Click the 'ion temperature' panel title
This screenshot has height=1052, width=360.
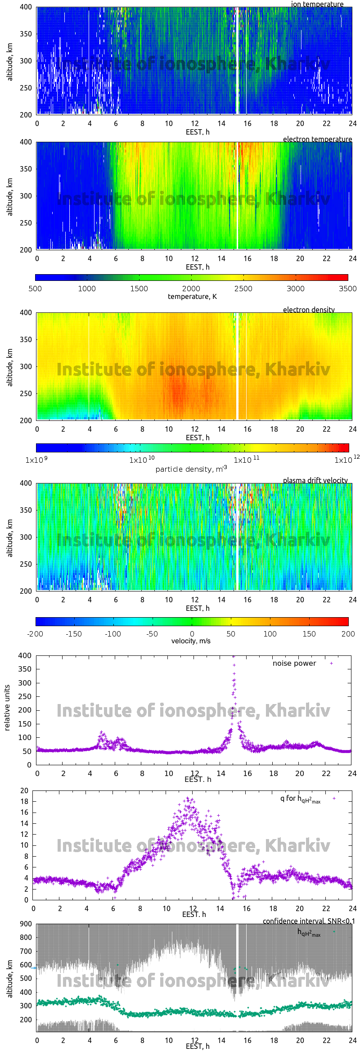tap(317, 4)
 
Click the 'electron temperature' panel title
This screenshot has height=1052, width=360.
tap(317, 139)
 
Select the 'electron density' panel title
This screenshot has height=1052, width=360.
tap(309, 310)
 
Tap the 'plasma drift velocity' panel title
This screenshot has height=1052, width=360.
tap(315, 480)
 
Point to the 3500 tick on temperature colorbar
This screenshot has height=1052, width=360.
tap(348, 289)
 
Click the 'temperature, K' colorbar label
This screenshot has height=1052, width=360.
tap(192, 296)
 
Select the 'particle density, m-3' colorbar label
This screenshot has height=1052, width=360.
tap(191, 469)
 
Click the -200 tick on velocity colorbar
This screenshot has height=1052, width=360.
tap(35, 634)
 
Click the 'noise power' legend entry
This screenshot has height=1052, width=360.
tap(294, 663)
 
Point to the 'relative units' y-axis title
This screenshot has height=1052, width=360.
tap(7, 708)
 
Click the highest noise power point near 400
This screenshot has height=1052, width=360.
tap(234, 656)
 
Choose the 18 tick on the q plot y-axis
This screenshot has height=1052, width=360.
tap(24, 801)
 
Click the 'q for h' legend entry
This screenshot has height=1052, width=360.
tap(300, 799)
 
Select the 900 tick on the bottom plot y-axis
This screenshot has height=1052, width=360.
tap(26, 924)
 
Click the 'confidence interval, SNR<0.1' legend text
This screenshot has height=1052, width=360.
tap(309, 921)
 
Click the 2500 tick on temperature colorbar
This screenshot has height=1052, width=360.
tap(243, 289)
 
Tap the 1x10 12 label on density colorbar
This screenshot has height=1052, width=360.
tap(346, 460)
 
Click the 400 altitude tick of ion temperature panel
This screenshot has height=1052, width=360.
tap(26, 7)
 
